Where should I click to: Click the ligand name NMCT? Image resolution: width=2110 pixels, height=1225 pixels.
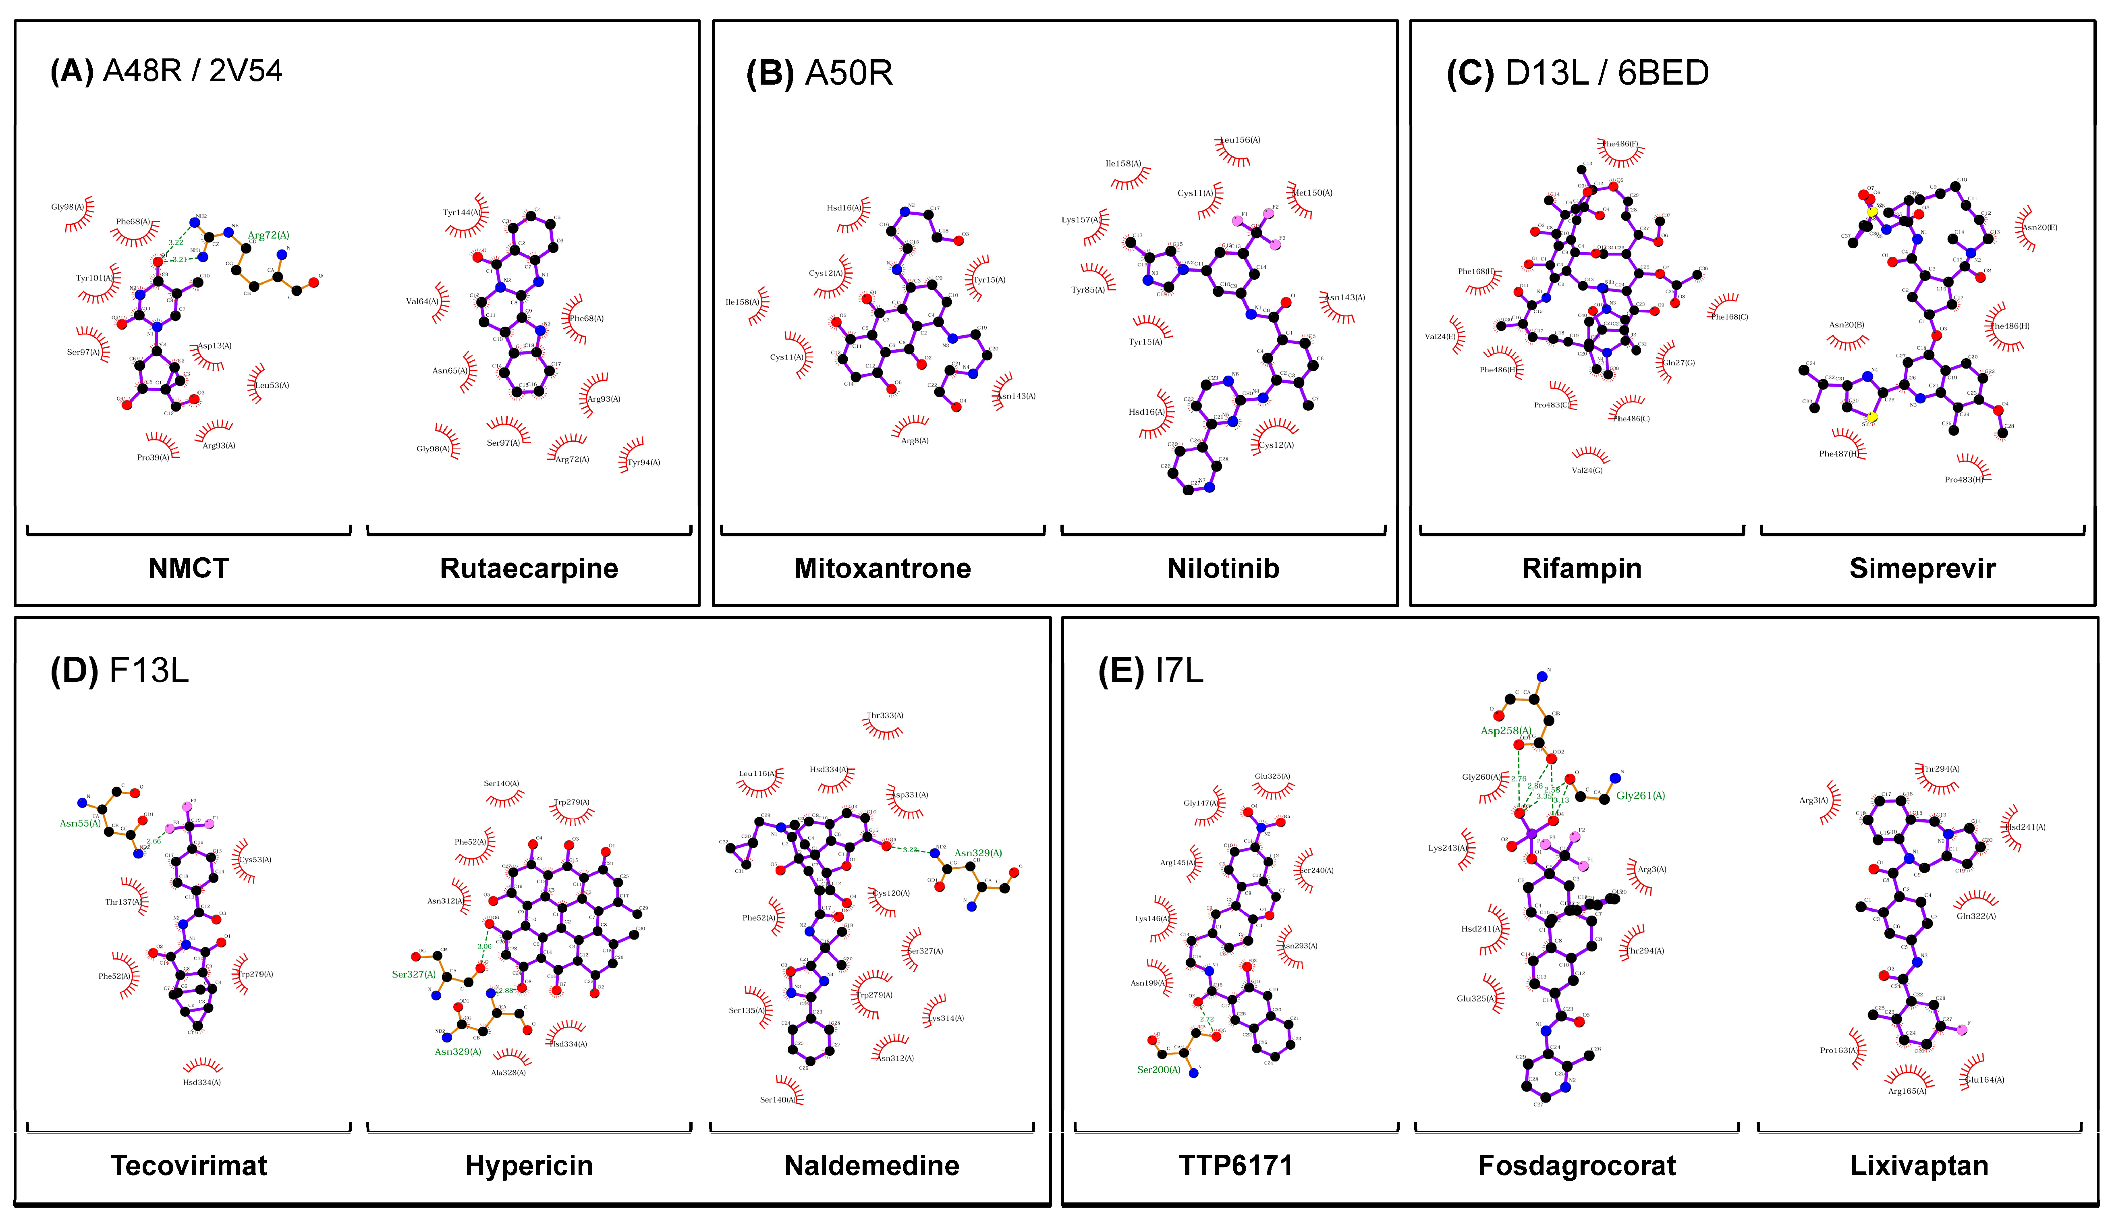pos(189,569)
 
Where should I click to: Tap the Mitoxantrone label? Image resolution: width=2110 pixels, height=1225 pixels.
pos(882,569)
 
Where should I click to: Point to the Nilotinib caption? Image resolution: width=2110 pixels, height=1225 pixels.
pos(1223,569)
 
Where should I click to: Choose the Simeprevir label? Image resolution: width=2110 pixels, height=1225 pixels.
pos(1922,569)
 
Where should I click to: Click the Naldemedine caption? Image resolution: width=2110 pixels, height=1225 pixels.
pos(871,1165)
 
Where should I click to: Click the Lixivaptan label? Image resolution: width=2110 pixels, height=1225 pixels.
pos(1919,1165)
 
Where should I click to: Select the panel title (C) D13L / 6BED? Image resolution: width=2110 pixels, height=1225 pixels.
pos(1577,74)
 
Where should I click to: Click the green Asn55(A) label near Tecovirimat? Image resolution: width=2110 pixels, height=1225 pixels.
pos(81,823)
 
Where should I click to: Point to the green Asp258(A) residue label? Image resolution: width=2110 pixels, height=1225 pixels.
pos(1506,731)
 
